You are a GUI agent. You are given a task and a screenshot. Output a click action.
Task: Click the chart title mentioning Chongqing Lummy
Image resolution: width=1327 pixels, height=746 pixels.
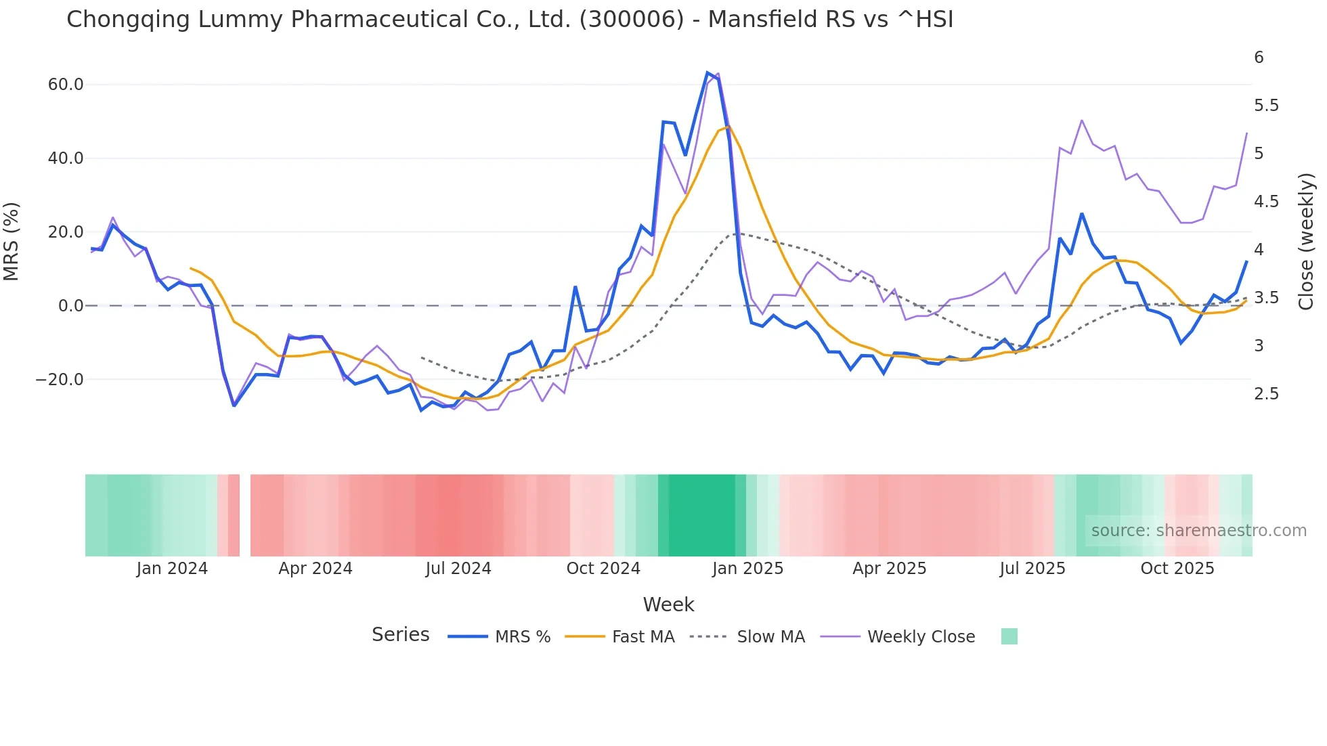(x=509, y=20)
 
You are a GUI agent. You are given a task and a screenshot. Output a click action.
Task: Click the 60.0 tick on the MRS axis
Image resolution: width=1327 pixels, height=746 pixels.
(x=66, y=85)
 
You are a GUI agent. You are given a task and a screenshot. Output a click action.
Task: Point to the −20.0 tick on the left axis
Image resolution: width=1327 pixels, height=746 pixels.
(x=60, y=380)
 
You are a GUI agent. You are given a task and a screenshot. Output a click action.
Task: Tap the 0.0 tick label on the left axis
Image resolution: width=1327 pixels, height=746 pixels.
(x=70, y=306)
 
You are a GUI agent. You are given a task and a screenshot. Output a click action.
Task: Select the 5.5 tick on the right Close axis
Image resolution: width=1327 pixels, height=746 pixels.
(x=1266, y=106)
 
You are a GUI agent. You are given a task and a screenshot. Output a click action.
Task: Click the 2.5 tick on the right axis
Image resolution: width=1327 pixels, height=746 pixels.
(x=1266, y=394)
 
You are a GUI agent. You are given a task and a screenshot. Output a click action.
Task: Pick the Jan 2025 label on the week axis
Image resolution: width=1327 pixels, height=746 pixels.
(x=747, y=569)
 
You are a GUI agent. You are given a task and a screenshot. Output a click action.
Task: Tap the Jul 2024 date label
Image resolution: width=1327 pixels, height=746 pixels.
(x=458, y=569)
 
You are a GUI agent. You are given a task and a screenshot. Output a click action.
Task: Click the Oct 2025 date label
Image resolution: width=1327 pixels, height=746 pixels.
(x=1177, y=569)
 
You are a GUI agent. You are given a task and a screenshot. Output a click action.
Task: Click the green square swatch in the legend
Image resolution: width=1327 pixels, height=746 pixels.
(x=1009, y=636)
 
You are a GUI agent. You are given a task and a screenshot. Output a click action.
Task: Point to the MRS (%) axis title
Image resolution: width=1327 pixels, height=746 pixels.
(x=12, y=241)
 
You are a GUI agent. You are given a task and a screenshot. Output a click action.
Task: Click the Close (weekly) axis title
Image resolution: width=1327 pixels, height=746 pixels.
(x=1306, y=241)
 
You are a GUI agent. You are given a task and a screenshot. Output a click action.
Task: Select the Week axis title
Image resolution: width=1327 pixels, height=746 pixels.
(x=668, y=605)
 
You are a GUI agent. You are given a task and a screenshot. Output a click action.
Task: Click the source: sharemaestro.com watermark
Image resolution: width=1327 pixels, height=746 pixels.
(x=1198, y=531)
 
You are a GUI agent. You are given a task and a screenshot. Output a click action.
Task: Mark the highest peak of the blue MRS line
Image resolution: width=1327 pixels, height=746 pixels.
(x=708, y=72)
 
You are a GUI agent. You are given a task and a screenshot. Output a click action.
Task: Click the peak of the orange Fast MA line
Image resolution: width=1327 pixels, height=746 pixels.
(x=728, y=127)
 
